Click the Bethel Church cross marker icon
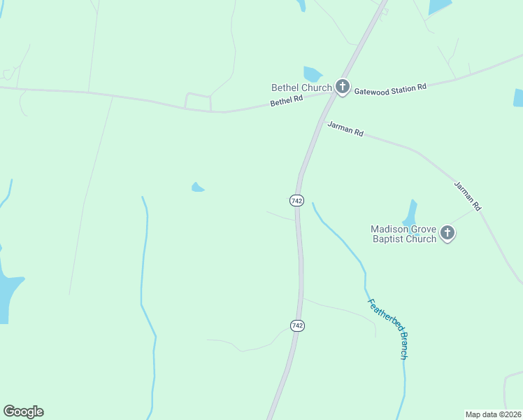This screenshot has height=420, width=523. (x=343, y=87)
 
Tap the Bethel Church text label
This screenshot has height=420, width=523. (x=302, y=87)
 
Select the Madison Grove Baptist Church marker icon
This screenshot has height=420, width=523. (x=447, y=234)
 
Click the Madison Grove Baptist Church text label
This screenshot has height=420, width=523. (x=404, y=234)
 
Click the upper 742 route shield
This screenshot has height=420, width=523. (x=296, y=201)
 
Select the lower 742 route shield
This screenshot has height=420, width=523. (x=297, y=325)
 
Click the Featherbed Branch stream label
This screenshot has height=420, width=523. (x=387, y=328)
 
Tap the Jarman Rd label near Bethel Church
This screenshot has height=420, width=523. (x=345, y=129)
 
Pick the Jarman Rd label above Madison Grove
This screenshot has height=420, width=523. (x=468, y=196)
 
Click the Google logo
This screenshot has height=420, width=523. (x=23, y=412)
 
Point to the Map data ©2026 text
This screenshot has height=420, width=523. (x=493, y=414)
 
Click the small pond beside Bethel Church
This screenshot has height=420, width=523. (x=313, y=73)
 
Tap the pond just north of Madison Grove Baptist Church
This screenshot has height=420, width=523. (x=410, y=213)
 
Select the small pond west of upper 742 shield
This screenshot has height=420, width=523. (x=198, y=187)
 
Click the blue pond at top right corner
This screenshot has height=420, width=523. (x=439, y=6)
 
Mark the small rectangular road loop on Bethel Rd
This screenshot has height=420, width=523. (x=198, y=101)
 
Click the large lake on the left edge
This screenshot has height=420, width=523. (x=8, y=294)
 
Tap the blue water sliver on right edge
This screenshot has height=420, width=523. (x=518, y=97)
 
